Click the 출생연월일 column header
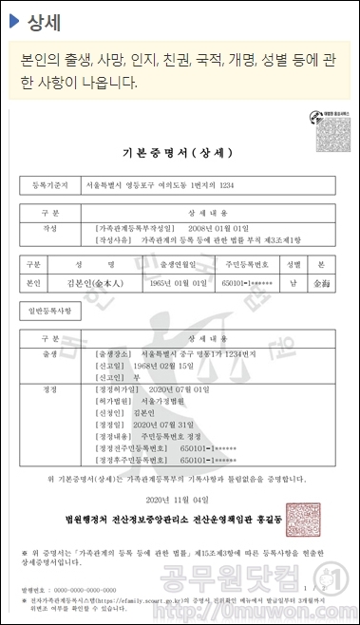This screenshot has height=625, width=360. point(182,264)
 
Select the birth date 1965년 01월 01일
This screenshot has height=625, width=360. point(182,283)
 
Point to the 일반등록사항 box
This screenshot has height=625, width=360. point(52,311)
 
